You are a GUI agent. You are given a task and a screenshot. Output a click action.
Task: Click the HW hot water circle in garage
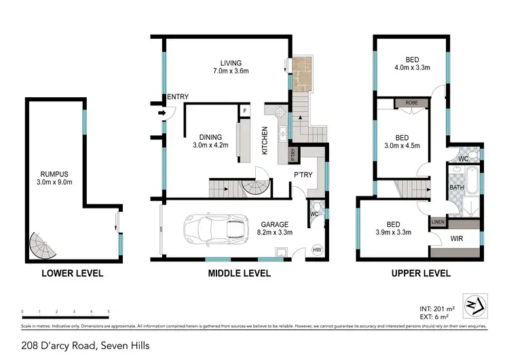click(x=316, y=250)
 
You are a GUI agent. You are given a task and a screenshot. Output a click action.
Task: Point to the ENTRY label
click(x=177, y=96)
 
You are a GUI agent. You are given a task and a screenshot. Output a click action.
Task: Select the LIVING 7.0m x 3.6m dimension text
click(x=227, y=71)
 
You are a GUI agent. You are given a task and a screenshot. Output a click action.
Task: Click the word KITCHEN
click(x=265, y=141)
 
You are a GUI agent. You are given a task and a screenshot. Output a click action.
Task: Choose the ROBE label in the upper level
click(x=411, y=103)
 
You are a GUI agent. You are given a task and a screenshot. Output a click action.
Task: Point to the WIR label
click(x=455, y=238)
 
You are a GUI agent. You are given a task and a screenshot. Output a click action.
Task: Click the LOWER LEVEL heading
click(x=73, y=274)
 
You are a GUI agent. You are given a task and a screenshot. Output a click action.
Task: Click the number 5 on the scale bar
click(x=109, y=312)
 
